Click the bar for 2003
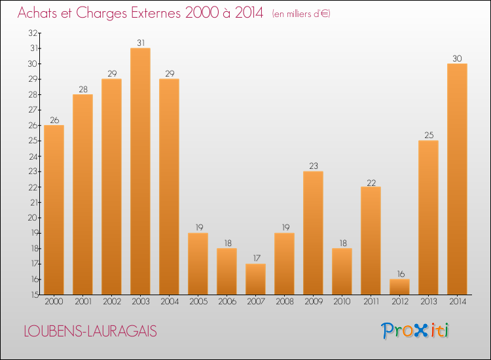pyautogui.click(x=140, y=171)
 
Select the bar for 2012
pyautogui.click(x=399, y=287)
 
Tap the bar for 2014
pyautogui.click(x=457, y=179)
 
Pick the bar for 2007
pyautogui.click(x=255, y=279)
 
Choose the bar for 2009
pyautogui.click(x=313, y=233)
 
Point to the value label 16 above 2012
pyautogui.click(x=399, y=274)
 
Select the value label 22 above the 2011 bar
pyautogui.click(x=371, y=182)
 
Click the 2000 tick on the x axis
pyautogui.click(x=54, y=302)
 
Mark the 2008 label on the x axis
pyautogui.click(x=284, y=302)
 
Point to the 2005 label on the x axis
pyautogui.click(x=198, y=302)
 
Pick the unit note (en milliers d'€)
pyautogui.click(x=301, y=14)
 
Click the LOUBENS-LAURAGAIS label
pyautogui.click(x=90, y=332)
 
